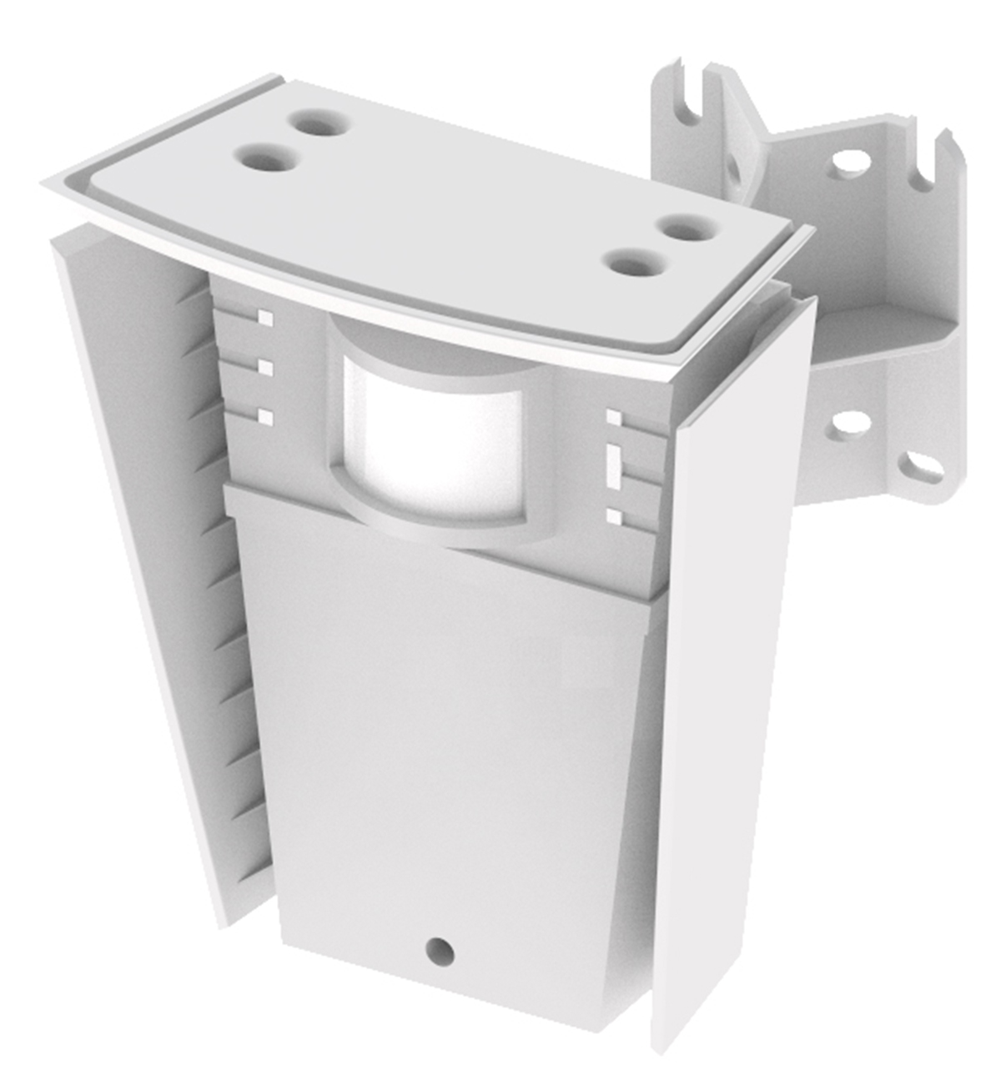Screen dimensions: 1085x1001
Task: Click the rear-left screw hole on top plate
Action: click(318, 126)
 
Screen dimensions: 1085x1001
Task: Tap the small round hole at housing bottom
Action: click(439, 950)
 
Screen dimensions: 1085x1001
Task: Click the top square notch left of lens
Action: click(265, 317)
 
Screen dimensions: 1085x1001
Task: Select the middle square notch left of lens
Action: click(265, 367)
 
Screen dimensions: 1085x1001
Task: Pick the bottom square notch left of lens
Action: click(265, 416)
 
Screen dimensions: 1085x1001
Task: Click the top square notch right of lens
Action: click(614, 416)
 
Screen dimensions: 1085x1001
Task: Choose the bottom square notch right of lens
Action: click(614, 517)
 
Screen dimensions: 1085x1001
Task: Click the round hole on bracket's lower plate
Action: click(848, 424)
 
